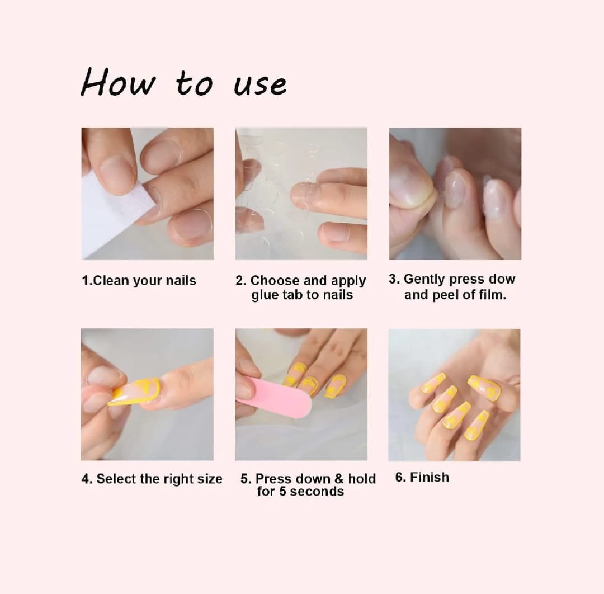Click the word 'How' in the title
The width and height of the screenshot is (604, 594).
pyautogui.click(x=118, y=82)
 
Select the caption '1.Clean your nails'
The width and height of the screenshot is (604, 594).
pyautogui.click(x=139, y=280)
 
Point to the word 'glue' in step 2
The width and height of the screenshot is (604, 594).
pyautogui.click(x=265, y=295)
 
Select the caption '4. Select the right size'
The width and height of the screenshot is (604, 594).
pyautogui.click(x=152, y=479)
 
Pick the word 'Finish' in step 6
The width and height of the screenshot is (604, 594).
pyautogui.click(x=430, y=477)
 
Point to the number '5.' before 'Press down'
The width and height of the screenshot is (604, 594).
pyautogui.click(x=246, y=479)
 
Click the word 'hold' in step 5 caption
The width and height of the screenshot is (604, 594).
pyautogui.click(x=362, y=479)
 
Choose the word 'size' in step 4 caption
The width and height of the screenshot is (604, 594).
pyautogui.click(x=210, y=479)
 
